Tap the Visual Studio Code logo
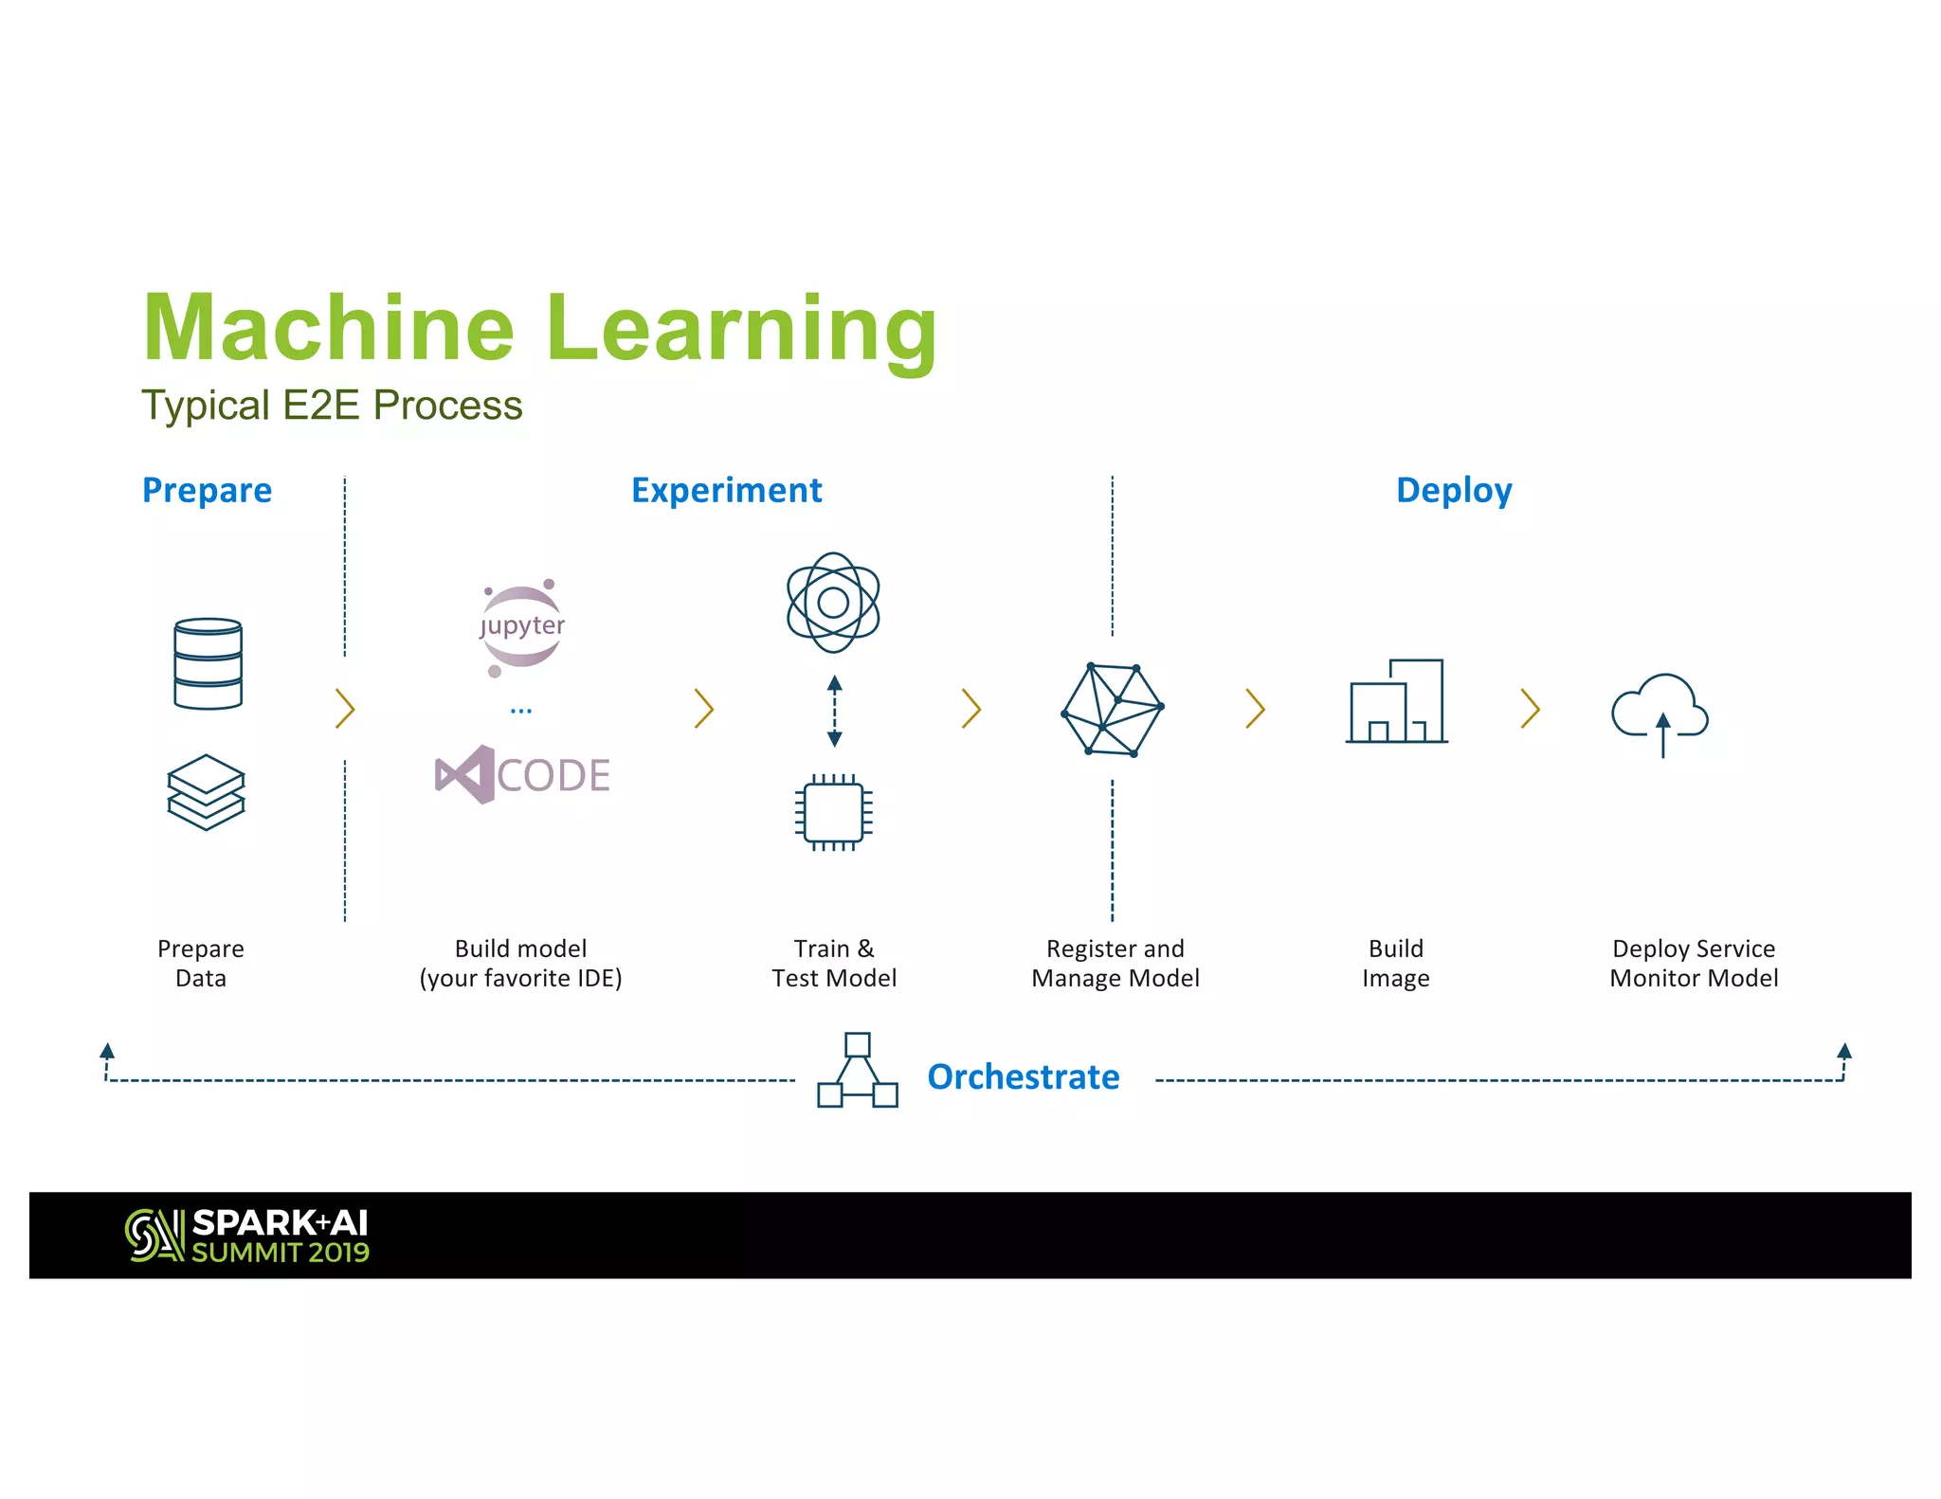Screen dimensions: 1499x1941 click(x=522, y=775)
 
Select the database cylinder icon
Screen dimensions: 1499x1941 click(x=208, y=663)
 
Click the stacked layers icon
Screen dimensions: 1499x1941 click(x=206, y=792)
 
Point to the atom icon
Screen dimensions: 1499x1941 click(x=833, y=603)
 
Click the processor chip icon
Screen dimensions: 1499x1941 click(x=833, y=812)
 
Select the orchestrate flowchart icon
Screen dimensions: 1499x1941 click(x=857, y=1072)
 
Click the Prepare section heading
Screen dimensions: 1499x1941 click(x=207, y=491)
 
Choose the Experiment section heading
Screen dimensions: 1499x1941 click(x=726, y=491)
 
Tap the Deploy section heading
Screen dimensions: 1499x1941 click(x=1454, y=491)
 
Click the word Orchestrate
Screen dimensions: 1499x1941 click(x=1023, y=1077)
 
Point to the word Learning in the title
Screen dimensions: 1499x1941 click(x=742, y=329)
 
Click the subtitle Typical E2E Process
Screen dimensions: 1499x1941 click(x=332, y=406)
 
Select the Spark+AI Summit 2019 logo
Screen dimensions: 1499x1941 click(x=247, y=1236)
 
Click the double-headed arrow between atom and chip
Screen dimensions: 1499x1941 click(x=834, y=711)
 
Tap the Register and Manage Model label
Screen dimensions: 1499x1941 click(x=1116, y=963)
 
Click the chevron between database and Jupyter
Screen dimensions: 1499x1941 click(x=345, y=709)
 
